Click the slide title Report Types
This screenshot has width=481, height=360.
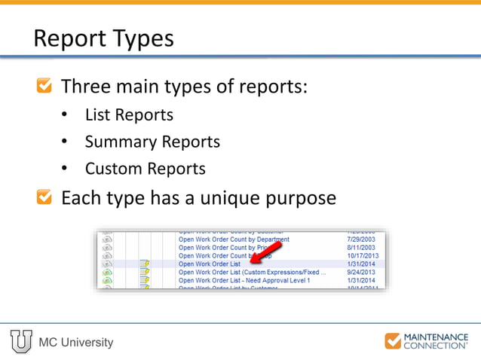tap(103, 38)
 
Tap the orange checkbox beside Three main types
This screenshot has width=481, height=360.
tap(45, 87)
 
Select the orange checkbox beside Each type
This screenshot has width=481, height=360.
tap(45, 198)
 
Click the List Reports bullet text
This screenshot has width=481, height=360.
tap(129, 115)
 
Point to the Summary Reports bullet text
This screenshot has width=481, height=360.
tap(152, 142)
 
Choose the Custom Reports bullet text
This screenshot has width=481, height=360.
tap(145, 169)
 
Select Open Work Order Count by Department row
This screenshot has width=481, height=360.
tap(233, 239)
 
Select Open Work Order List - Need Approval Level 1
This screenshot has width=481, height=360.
tap(244, 280)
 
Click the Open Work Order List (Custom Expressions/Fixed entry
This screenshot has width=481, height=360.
tap(251, 272)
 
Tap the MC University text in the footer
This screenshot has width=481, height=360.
tap(76, 343)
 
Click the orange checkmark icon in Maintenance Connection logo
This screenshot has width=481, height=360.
tap(393, 341)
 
